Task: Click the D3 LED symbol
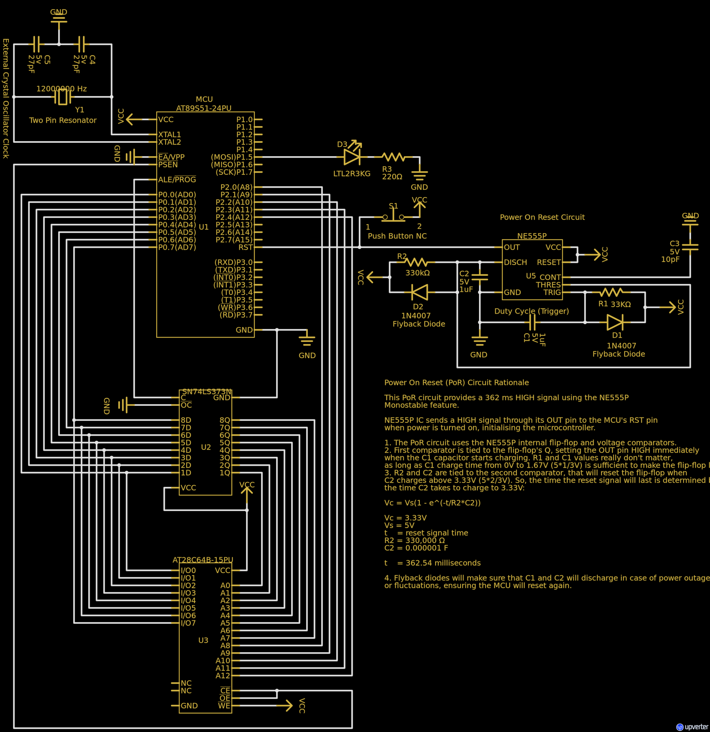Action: [352, 157]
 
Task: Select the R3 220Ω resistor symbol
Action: [393, 157]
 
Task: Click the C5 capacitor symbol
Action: [36, 44]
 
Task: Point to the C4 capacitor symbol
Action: [81, 44]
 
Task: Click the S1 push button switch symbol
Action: [393, 217]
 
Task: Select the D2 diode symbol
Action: [419, 292]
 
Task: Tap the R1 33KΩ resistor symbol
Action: [611, 292]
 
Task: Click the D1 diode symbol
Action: [615, 322]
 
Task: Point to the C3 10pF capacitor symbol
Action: [690, 247]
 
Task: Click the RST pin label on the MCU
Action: [245, 247]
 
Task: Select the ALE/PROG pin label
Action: [177, 180]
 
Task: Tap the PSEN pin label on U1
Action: [168, 165]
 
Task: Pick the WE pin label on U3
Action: [224, 706]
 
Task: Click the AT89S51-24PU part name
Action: [204, 108]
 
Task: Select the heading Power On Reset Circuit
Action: [542, 217]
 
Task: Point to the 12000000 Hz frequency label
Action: [62, 89]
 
